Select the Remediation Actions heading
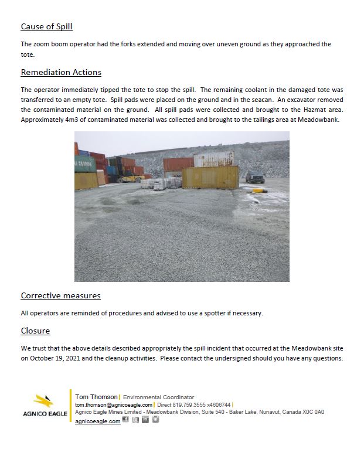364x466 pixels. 61,72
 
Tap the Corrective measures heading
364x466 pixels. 60,295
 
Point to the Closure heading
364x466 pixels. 35,331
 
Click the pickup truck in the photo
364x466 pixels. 254,176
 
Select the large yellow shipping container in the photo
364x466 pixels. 210,178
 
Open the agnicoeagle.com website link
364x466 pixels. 98,421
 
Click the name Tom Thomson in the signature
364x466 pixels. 96,397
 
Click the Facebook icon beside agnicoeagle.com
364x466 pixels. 125,420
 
